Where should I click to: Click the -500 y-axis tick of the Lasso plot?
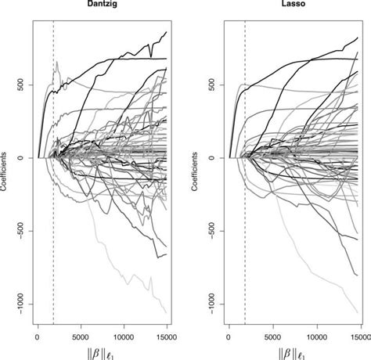click(211, 231)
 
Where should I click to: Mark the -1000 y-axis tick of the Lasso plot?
click(211, 304)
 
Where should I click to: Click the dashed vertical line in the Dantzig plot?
click(53, 235)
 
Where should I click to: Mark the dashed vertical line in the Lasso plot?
click(245, 235)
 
